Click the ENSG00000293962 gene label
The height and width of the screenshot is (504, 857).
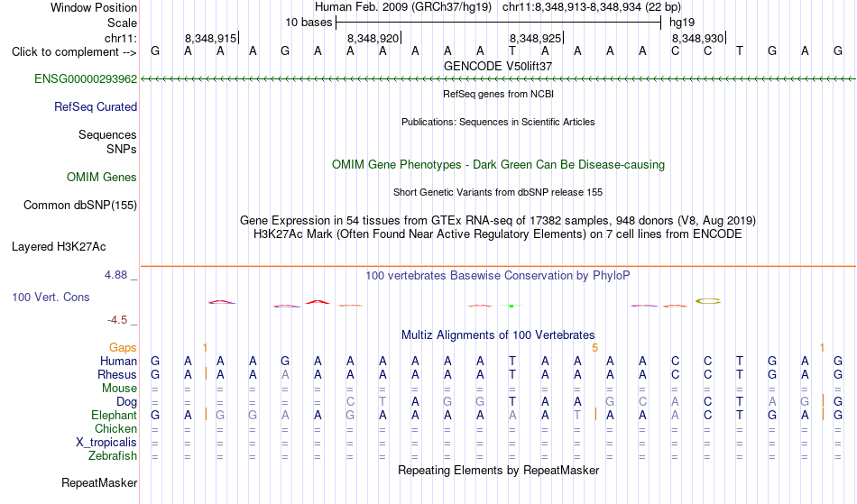pos(86,79)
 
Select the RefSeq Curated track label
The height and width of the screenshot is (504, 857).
pos(95,107)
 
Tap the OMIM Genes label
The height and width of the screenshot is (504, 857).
pos(101,178)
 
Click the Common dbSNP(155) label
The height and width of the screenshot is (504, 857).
pos(79,206)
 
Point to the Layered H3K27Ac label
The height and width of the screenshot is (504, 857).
pos(59,247)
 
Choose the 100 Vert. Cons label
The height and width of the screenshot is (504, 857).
pos(51,297)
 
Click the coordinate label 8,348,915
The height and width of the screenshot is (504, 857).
pos(210,38)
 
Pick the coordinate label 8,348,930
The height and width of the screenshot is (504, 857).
pos(697,38)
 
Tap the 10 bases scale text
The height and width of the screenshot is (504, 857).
pos(309,23)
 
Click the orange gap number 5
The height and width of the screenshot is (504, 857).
pos(594,347)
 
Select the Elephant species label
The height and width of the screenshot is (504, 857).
pos(114,415)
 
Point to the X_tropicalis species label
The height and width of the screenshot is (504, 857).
pos(106,443)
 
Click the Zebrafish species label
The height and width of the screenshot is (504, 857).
pos(113,456)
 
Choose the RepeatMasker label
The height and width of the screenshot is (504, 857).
pos(99,483)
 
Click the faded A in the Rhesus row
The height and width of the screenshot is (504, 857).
pos(285,374)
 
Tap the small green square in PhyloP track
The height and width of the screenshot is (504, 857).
pos(511,306)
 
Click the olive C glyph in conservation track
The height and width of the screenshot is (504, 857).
pos(708,301)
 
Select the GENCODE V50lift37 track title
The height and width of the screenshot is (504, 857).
pos(498,66)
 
